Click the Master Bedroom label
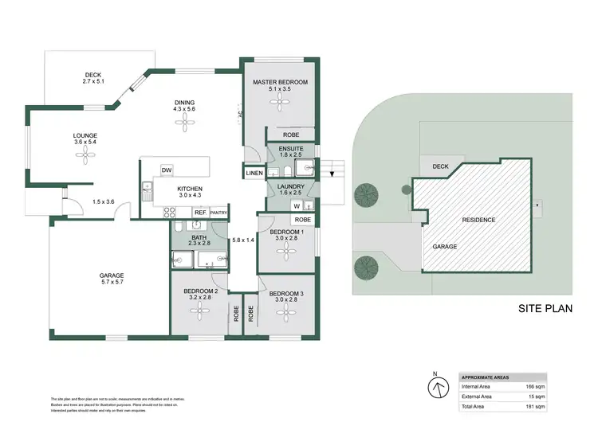tap(280, 82)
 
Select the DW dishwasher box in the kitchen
tap(167, 170)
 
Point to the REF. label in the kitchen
tap(201, 213)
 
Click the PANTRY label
tap(219, 213)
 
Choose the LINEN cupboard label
tap(254, 172)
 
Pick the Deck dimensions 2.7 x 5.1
tap(93, 81)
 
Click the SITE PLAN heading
tap(546, 307)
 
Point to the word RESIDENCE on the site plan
tap(479, 220)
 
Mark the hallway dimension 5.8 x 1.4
tap(242, 240)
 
